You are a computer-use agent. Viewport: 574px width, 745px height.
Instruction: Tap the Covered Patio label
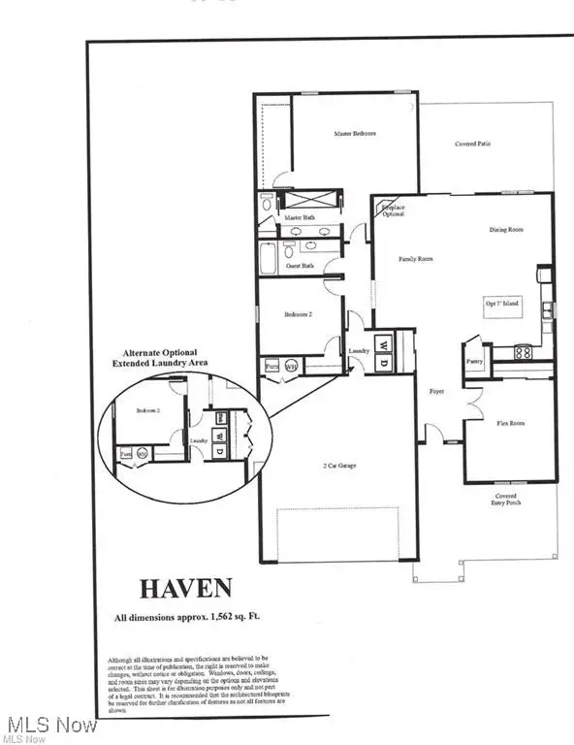(473, 145)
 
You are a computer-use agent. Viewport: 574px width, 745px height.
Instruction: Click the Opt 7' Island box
(502, 305)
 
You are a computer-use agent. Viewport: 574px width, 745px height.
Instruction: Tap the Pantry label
(474, 361)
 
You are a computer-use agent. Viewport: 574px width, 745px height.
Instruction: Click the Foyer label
(436, 392)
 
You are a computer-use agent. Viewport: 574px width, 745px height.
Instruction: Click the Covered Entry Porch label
(507, 499)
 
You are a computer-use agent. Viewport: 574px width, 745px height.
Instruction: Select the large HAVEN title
(185, 588)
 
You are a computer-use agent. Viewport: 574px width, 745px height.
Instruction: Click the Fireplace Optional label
(393, 210)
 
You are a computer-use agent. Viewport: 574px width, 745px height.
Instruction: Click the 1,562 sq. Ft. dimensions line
(185, 618)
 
